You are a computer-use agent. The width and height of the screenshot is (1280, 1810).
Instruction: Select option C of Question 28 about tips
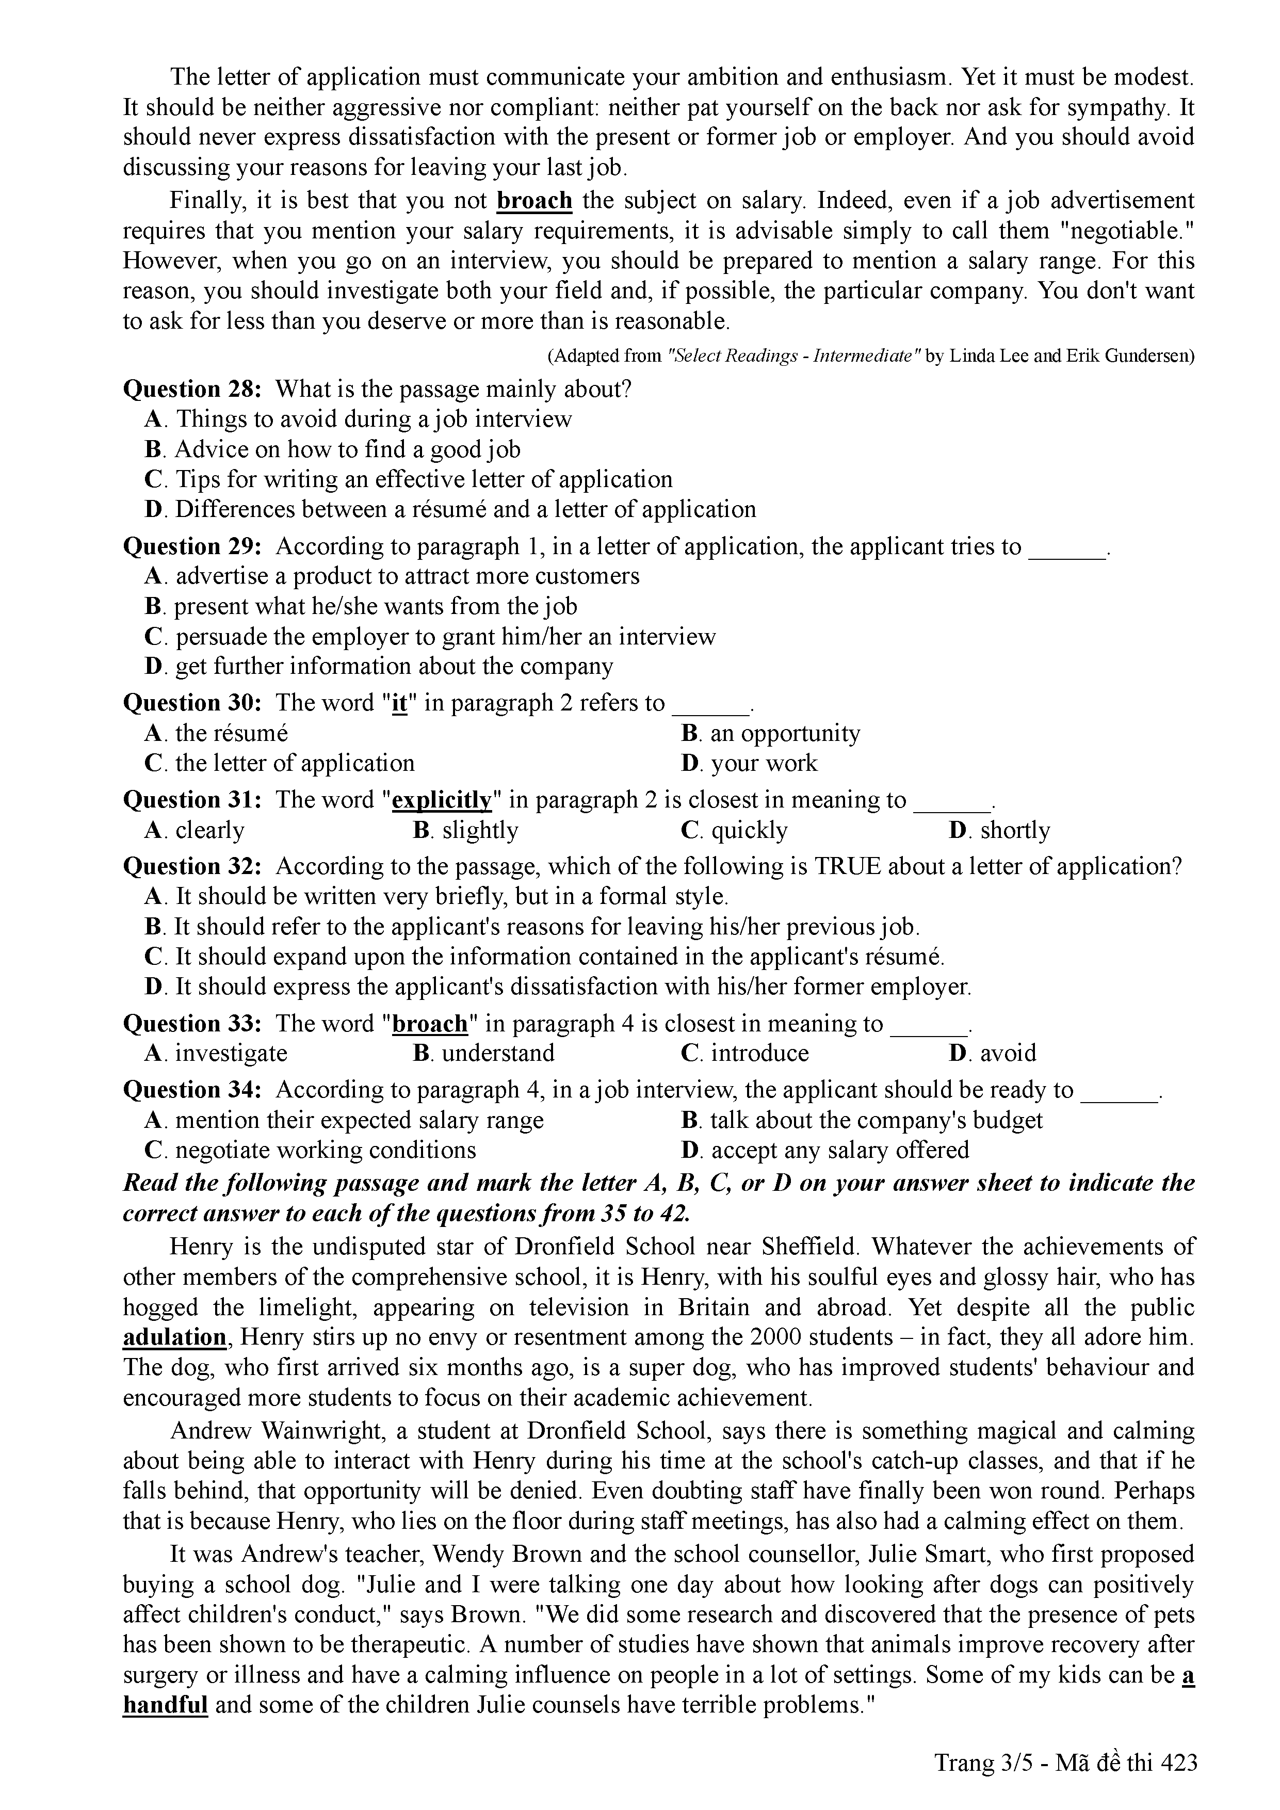[408, 479]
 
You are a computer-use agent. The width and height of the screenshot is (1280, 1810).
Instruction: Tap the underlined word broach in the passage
[534, 201]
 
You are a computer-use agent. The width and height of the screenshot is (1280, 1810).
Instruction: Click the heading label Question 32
[191, 866]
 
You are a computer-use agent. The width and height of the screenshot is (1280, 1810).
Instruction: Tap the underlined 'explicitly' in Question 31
[442, 800]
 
